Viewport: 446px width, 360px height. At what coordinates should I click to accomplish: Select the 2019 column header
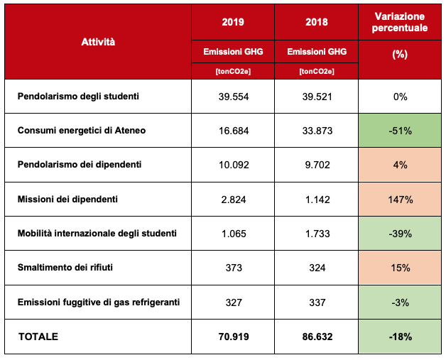coord(233,22)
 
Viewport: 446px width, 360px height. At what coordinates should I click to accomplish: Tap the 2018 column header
coord(317,22)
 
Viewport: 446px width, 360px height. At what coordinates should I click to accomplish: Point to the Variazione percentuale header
coord(400,22)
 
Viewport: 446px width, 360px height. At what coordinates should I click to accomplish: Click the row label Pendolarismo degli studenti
coord(79,96)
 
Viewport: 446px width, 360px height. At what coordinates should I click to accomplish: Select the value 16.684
coord(233,130)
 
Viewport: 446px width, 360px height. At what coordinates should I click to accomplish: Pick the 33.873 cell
coord(317,130)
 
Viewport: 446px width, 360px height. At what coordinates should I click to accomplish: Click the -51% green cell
coord(400,130)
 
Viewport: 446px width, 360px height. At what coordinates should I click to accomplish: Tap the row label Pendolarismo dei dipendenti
coord(80,165)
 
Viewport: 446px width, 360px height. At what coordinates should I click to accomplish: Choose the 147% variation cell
coord(400,199)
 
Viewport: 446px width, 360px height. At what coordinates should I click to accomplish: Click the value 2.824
coord(233,199)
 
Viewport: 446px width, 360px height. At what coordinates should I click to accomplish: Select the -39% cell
coord(400,234)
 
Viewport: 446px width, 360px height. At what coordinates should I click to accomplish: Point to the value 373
coord(233,268)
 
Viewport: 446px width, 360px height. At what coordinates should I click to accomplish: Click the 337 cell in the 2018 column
coord(317,302)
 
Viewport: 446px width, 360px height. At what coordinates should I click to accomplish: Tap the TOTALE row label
coord(38,336)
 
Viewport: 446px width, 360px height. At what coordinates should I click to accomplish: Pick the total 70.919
coord(233,336)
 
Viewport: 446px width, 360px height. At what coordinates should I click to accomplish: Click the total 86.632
coord(317,336)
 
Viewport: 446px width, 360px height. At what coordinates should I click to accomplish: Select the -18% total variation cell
coord(400,336)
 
